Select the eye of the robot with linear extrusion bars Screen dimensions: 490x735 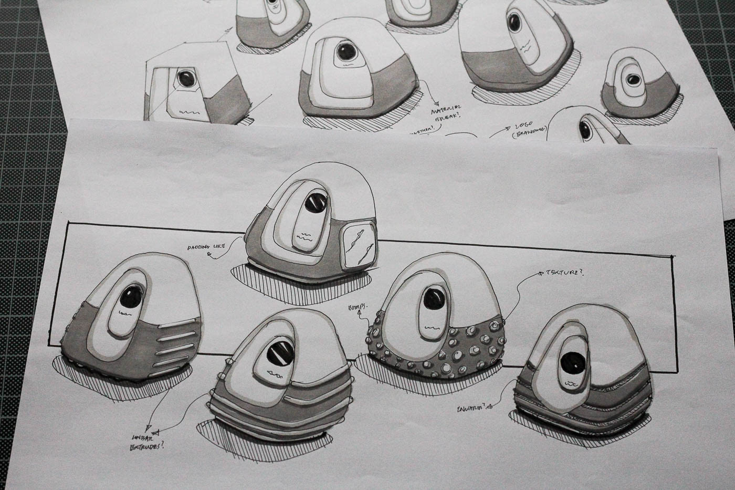point(129,299)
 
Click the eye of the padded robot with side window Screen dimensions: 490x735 point(316,202)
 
